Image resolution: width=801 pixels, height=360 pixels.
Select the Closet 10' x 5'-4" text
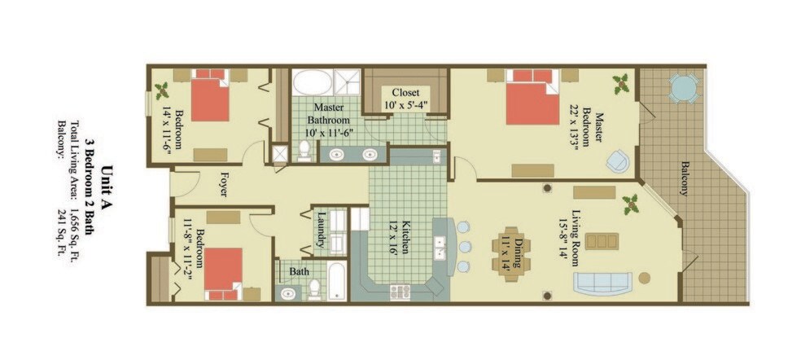[405, 99]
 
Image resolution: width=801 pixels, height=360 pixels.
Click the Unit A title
[107, 184]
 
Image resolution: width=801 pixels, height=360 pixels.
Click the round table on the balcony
[683, 88]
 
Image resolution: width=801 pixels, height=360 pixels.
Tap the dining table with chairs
[511, 253]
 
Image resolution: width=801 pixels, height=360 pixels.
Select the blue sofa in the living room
[603, 283]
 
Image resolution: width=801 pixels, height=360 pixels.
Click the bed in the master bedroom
[532, 97]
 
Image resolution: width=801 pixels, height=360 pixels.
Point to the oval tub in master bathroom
[312, 82]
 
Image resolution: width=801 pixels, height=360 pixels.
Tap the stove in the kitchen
[400, 292]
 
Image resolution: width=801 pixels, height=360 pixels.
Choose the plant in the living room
[630, 204]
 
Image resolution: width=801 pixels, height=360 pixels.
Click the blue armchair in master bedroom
[618, 161]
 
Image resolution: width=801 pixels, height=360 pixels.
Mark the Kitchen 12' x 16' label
[400, 237]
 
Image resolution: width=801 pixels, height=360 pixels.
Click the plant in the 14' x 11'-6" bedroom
[162, 91]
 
